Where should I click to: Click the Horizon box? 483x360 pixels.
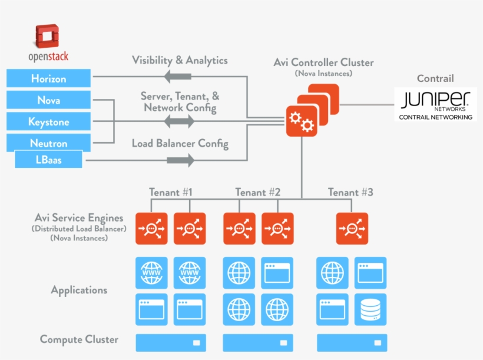[48, 78]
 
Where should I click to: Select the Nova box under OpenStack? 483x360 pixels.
[48, 100]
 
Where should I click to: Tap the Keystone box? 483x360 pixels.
[48, 122]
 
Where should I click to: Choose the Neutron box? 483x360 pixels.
[48, 143]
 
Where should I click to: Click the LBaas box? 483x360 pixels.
[48, 160]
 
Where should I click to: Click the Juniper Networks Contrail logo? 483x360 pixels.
[435, 104]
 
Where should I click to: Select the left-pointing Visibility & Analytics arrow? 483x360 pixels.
[178, 76]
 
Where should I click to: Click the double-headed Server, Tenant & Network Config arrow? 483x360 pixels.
[179, 122]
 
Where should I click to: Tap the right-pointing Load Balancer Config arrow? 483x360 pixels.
[180, 160]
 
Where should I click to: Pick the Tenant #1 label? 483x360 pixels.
[171, 192]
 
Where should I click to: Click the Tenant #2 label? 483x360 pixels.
[257, 192]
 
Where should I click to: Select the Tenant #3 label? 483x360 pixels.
[350, 192]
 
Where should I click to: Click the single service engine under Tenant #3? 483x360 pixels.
[352, 229]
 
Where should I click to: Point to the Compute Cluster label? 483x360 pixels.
[79, 339]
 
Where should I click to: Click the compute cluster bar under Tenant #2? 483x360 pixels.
[257, 342]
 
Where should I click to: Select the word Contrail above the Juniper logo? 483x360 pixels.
[435, 78]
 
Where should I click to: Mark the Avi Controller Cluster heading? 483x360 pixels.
[323, 62]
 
